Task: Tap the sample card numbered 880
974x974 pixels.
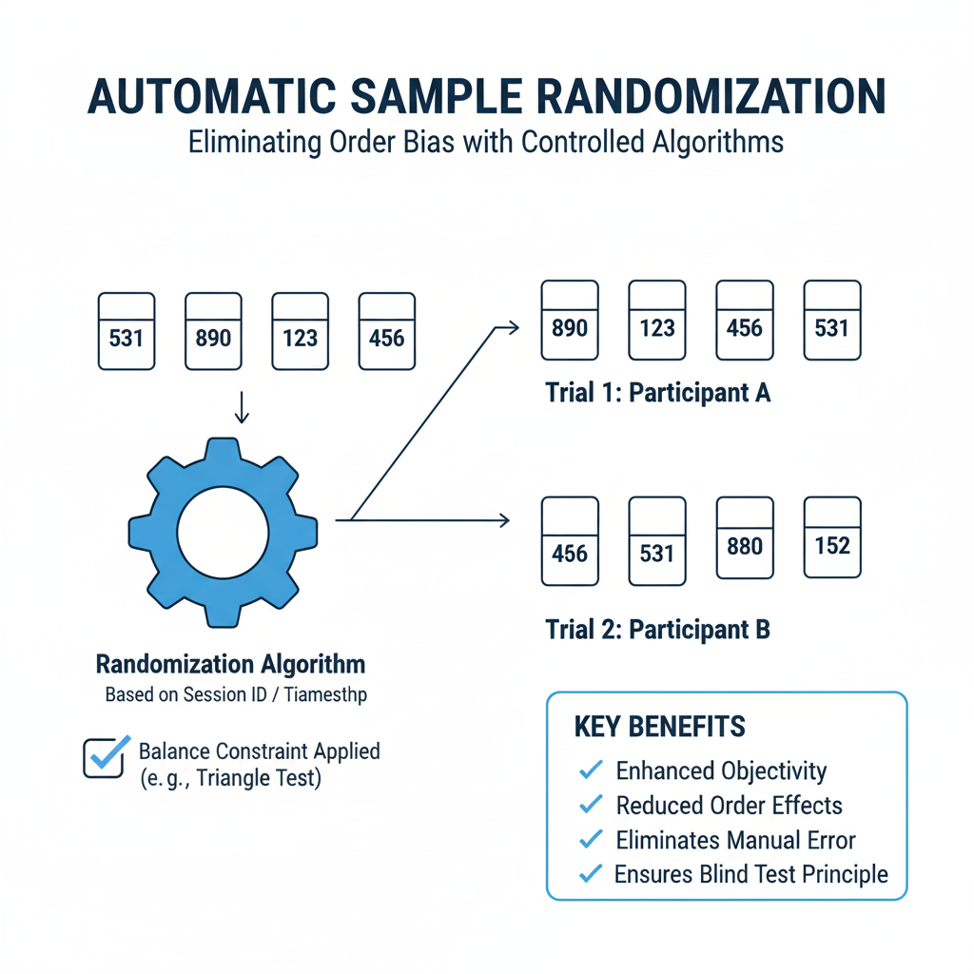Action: (x=745, y=538)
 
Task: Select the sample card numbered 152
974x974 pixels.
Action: (x=832, y=538)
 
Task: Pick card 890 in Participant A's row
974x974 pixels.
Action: (x=570, y=321)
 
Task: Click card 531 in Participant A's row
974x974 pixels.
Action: (x=832, y=321)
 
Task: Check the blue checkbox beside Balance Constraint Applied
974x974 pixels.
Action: (x=104, y=758)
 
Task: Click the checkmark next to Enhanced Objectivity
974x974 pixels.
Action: (x=591, y=769)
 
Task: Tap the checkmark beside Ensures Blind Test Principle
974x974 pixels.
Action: (x=591, y=874)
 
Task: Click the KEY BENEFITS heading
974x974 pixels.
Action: (x=659, y=728)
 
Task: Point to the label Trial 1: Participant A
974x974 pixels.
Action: (x=657, y=393)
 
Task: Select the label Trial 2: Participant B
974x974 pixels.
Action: (x=657, y=629)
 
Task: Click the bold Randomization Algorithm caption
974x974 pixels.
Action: (x=231, y=664)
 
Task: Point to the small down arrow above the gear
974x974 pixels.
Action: (x=241, y=407)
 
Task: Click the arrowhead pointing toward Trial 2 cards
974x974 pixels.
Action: (x=504, y=520)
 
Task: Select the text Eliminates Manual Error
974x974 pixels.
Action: (x=735, y=840)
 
